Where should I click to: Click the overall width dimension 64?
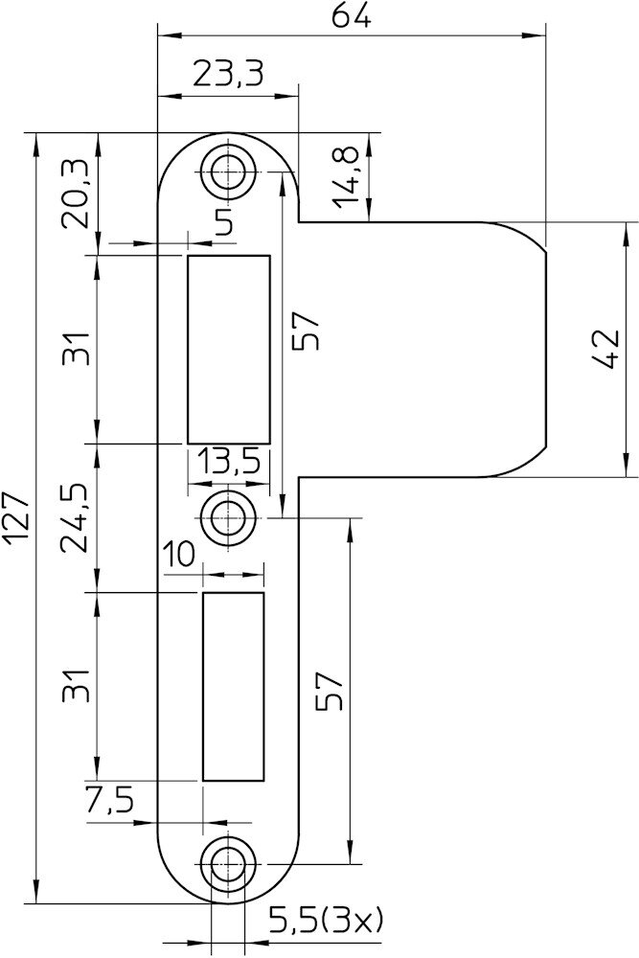point(352,16)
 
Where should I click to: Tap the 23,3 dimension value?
point(228,75)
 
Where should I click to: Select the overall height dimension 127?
point(16,517)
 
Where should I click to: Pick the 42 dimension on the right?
point(606,349)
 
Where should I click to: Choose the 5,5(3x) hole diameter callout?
point(325,919)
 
